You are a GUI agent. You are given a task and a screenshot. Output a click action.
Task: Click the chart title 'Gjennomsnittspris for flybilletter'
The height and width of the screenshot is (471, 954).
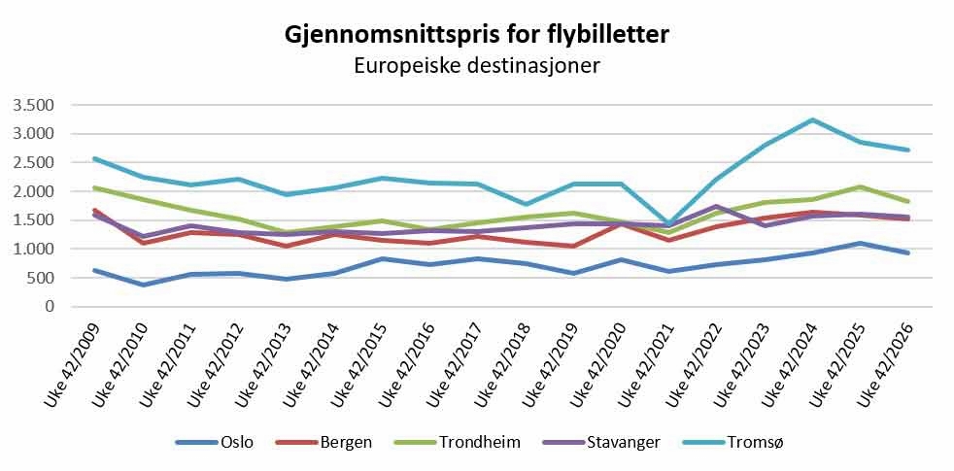point(476,35)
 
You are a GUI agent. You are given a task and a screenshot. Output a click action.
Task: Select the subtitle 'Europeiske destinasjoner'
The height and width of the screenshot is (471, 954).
point(477,66)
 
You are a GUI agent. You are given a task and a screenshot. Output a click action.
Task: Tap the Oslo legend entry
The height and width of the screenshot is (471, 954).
point(214,443)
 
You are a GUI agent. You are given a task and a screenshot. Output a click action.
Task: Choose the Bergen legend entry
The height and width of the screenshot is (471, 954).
point(324,443)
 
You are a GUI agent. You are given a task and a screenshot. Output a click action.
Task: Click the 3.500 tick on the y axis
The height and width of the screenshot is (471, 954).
point(38,105)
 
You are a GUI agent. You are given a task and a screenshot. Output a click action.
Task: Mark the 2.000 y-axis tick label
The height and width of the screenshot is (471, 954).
point(38,191)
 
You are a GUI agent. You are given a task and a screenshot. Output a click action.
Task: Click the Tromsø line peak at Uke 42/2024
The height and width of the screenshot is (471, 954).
point(811,119)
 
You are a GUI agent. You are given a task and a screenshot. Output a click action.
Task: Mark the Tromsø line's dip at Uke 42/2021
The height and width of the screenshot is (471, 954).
point(668,224)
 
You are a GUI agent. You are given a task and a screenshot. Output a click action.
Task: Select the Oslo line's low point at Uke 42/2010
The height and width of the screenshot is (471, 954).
point(144,285)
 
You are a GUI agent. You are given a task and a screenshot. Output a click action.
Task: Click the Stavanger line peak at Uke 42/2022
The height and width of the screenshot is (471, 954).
point(717,206)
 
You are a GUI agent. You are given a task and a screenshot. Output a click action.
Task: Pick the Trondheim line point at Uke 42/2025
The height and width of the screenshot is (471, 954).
point(860,186)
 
